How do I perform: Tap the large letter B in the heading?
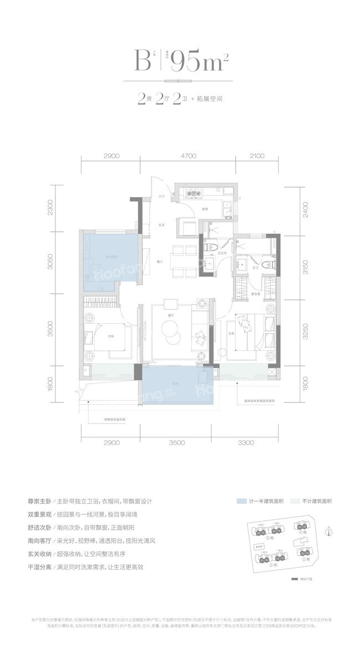coord(142,60)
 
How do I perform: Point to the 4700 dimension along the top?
coord(188,156)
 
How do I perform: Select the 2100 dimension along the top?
coord(256,156)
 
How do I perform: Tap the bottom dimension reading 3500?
coord(177,442)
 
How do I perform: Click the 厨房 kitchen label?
coord(204,209)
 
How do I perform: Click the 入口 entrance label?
coord(162,197)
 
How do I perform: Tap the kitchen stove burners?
coord(195,193)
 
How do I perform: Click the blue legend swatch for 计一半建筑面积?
coord(241,501)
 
